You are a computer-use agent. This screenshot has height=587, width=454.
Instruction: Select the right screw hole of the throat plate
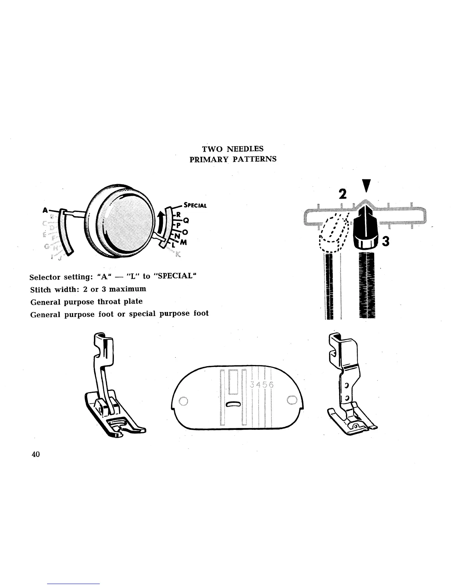pyautogui.click(x=292, y=399)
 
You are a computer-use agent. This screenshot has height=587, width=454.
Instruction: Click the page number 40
pyautogui.click(x=36, y=455)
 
